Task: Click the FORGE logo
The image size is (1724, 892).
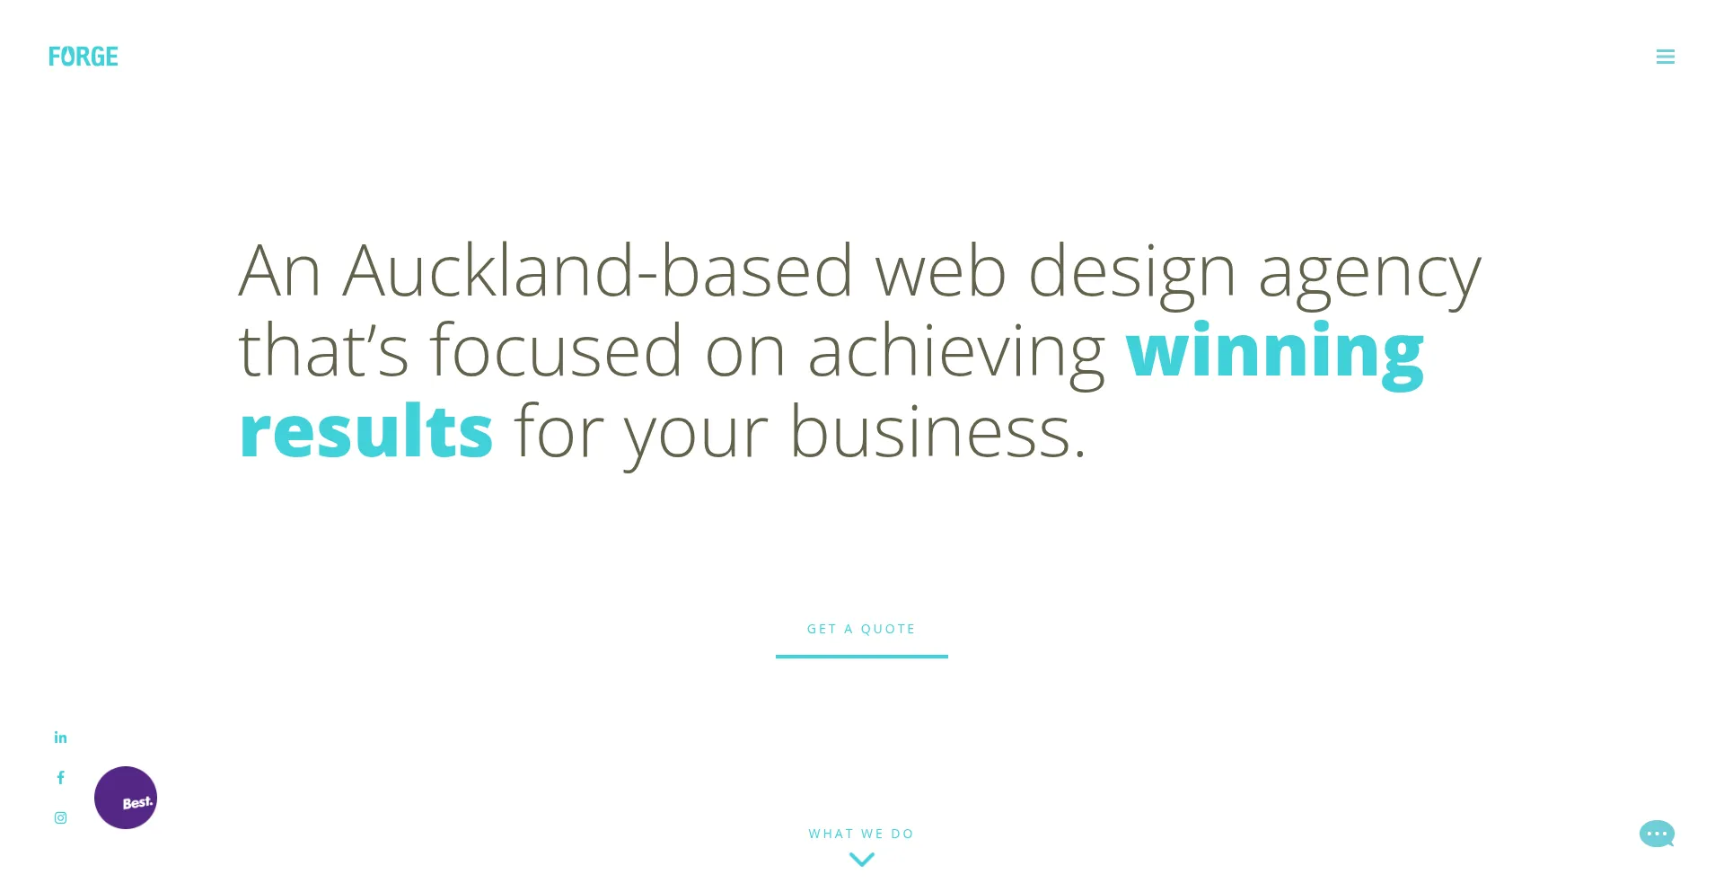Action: [x=84, y=57]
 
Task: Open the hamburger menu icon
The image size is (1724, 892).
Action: [x=1666, y=57]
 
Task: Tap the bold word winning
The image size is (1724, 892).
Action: [x=1275, y=352]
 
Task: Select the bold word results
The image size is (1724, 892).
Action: [x=366, y=430]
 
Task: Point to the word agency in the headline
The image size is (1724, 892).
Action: [x=1370, y=275]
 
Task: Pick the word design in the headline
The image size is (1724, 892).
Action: [x=1132, y=273]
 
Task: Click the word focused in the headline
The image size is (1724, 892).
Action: [x=557, y=350]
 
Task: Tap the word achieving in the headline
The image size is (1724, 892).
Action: [x=956, y=354]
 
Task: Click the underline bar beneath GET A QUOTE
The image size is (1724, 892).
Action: [x=862, y=657]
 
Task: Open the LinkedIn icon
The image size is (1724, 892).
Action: [x=60, y=737]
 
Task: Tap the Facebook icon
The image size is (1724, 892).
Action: [x=61, y=778]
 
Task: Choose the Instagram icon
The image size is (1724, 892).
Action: [x=60, y=817]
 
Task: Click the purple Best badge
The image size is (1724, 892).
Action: [x=126, y=798]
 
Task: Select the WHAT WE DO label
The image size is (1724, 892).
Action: [x=861, y=834]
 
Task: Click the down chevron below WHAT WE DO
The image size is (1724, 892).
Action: [x=862, y=860]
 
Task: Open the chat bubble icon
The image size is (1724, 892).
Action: [x=1657, y=834]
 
